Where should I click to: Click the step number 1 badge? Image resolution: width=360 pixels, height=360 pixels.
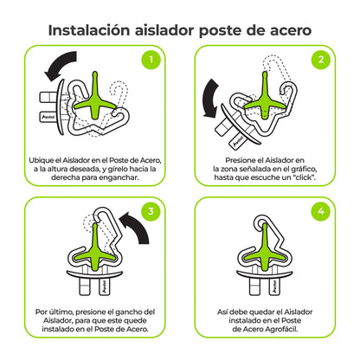point(151,61)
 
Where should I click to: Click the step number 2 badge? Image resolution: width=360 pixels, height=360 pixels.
point(319,61)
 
